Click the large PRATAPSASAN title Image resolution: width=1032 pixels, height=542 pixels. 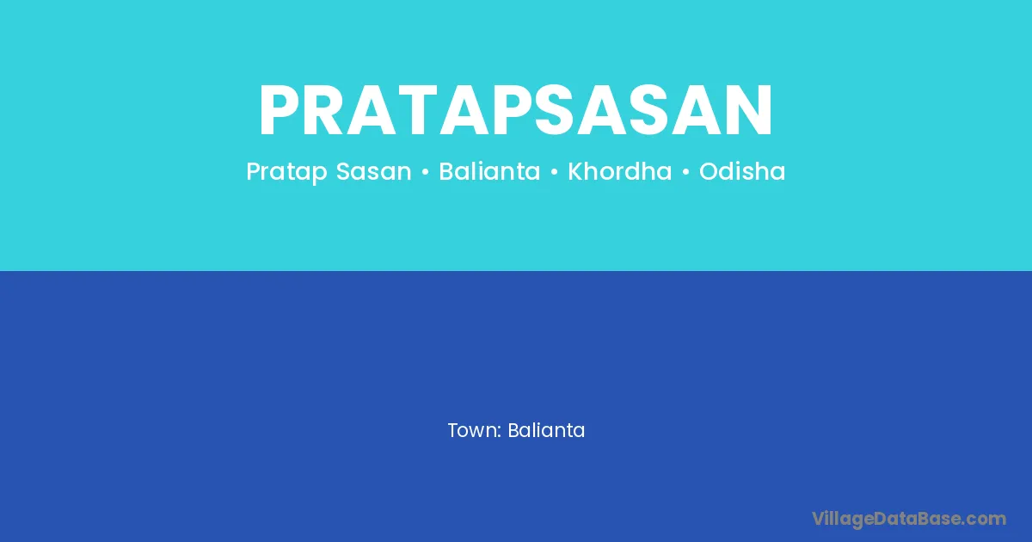pos(515,110)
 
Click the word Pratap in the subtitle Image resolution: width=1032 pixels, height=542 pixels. pos(286,172)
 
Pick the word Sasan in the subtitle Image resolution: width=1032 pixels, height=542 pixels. pos(373,171)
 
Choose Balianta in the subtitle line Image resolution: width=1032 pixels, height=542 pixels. pos(489,171)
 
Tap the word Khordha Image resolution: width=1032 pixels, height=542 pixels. pos(620,171)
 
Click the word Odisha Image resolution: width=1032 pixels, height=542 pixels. pos(742,171)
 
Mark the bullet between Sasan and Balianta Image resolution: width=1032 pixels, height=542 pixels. pos(425,172)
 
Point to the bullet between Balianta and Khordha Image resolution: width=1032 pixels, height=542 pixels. pos(554,172)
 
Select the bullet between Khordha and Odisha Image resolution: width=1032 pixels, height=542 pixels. pos(685,172)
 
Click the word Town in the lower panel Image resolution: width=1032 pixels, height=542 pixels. pos(473,430)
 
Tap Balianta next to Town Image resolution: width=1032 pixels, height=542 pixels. pos(546,430)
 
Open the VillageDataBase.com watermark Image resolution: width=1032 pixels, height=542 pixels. pos(909,520)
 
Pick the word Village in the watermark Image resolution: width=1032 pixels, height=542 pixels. pos(843,520)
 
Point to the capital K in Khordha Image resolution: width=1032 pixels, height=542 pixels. pos(575,171)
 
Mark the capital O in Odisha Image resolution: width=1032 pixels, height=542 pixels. pos(709,171)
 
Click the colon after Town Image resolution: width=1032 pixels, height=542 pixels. pos(500,432)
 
